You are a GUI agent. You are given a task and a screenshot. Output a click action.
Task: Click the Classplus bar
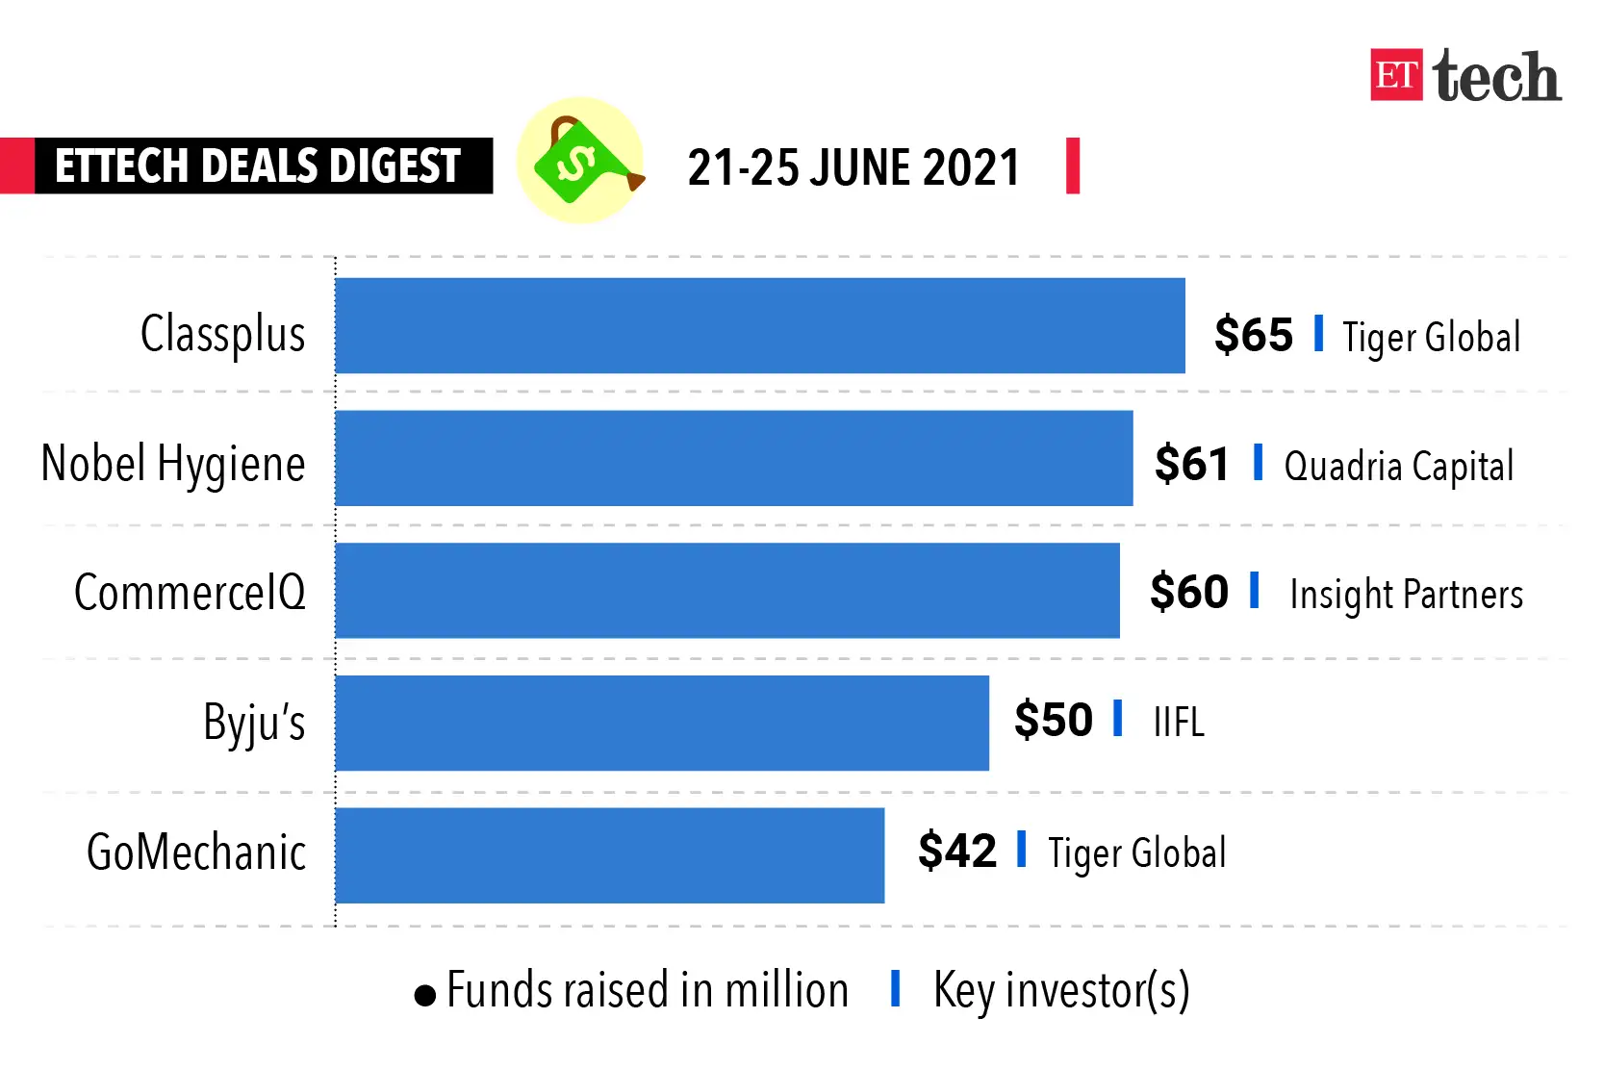pos(760,326)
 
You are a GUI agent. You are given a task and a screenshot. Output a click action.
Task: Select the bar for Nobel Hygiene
pos(734,458)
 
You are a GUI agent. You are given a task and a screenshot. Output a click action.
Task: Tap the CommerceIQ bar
pos(727,590)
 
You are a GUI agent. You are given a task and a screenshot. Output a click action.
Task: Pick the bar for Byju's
pos(662,723)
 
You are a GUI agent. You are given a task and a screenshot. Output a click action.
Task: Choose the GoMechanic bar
pos(610,855)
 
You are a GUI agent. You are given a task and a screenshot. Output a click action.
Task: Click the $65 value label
pos(1253,335)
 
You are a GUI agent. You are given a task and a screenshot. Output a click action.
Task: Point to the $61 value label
pos(1192,464)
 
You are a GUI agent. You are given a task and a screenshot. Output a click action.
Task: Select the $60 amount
pos(1189,592)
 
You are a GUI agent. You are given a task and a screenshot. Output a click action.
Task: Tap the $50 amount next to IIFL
pos(1054,720)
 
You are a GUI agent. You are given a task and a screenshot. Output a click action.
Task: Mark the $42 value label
pos(957,851)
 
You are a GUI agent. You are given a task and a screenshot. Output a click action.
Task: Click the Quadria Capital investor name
pos(1399,467)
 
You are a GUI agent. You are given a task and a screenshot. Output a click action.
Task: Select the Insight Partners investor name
pos(1406,595)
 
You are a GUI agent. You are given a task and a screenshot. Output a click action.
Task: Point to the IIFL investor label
pos(1179,722)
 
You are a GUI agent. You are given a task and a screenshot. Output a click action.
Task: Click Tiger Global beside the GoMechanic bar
pos(1137,853)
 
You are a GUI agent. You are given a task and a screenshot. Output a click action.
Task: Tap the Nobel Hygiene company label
pos(173,465)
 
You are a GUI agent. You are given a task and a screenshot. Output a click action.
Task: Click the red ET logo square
pos(1396,75)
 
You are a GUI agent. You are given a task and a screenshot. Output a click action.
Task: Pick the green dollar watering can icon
pos(580,161)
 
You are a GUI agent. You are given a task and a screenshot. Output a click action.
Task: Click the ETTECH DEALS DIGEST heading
pos(258,165)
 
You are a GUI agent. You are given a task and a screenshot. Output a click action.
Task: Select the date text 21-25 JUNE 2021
pos(853,167)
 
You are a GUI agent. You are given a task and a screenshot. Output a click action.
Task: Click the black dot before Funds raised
pos(425,995)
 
